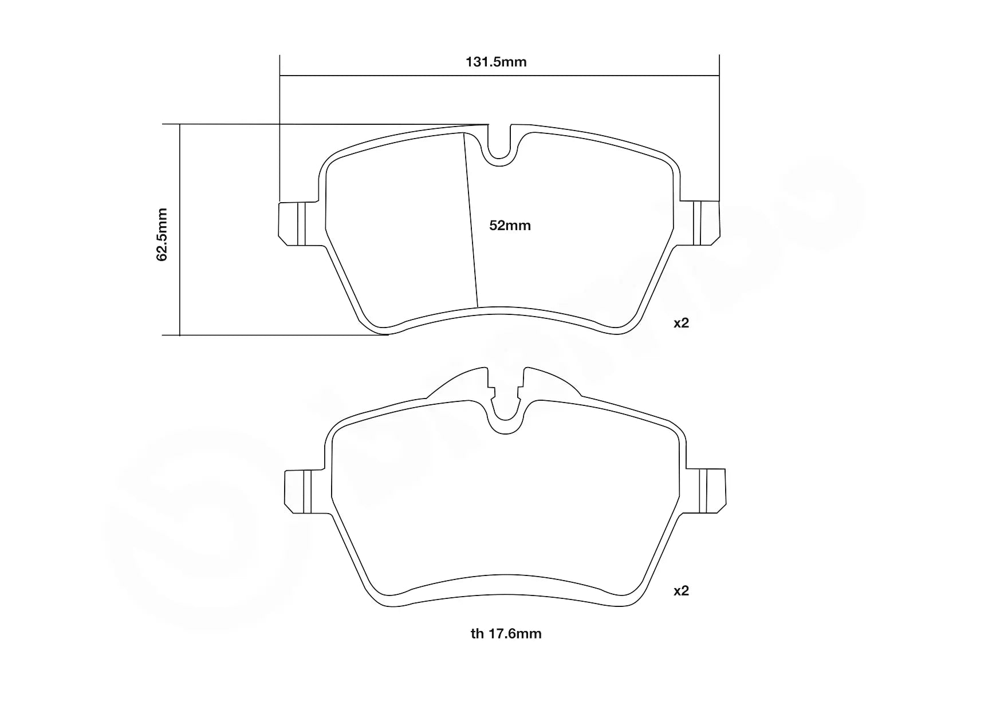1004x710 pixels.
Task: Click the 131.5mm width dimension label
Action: click(496, 62)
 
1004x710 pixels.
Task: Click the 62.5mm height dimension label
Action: click(163, 235)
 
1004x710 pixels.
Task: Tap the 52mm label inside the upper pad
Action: click(510, 226)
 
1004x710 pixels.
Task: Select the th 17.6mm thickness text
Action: click(506, 633)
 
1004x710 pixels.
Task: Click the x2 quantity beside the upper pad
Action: click(681, 323)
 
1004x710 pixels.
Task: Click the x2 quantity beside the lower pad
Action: click(681, 590)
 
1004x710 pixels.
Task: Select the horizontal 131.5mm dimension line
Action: click(401, 75)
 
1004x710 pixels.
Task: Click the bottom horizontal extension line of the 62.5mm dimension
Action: click(275, 335)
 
